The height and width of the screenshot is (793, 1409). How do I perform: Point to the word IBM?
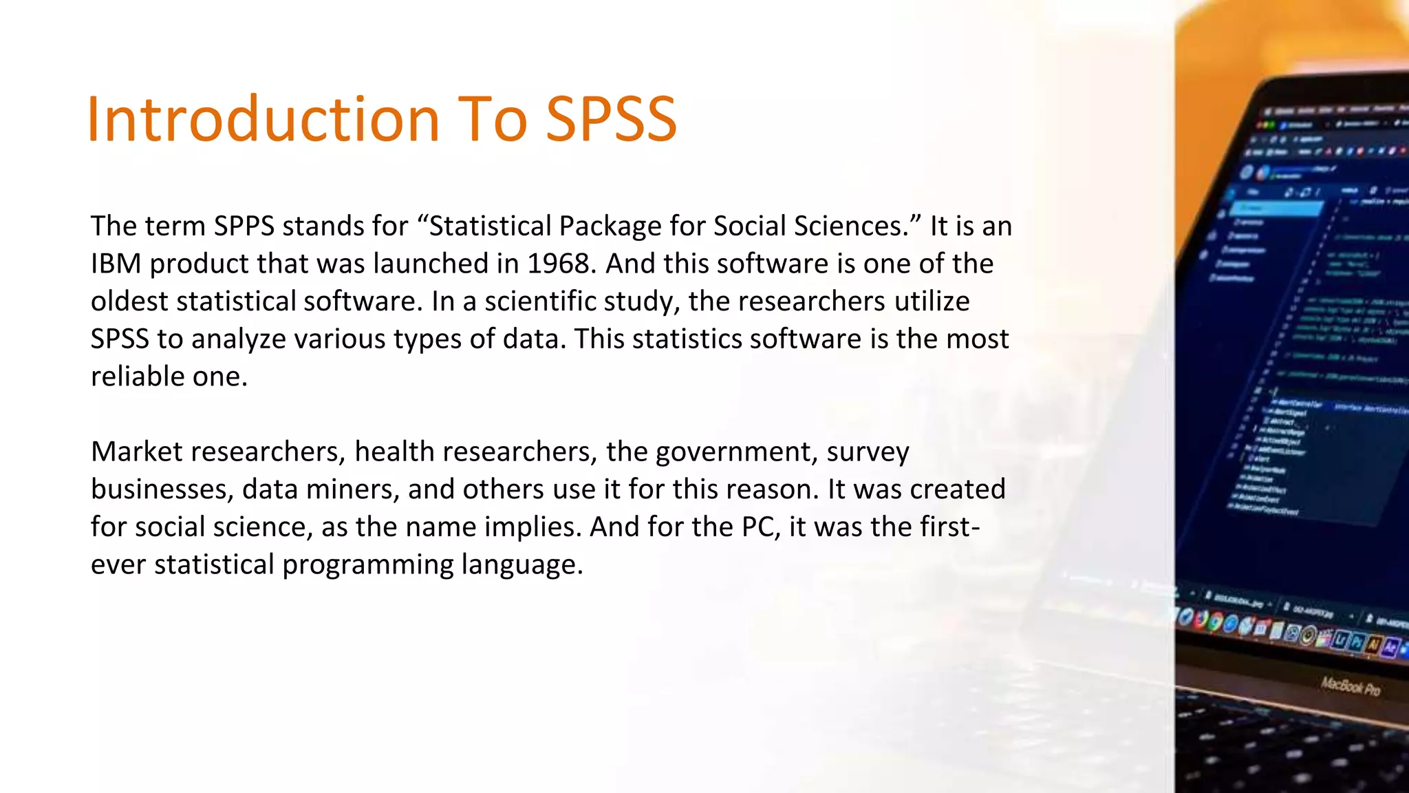[116, 264]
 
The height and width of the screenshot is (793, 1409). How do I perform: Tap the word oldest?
[129, 302]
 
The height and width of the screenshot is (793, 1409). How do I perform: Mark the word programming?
[368, 565]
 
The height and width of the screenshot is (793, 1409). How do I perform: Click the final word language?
[522, 565]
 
